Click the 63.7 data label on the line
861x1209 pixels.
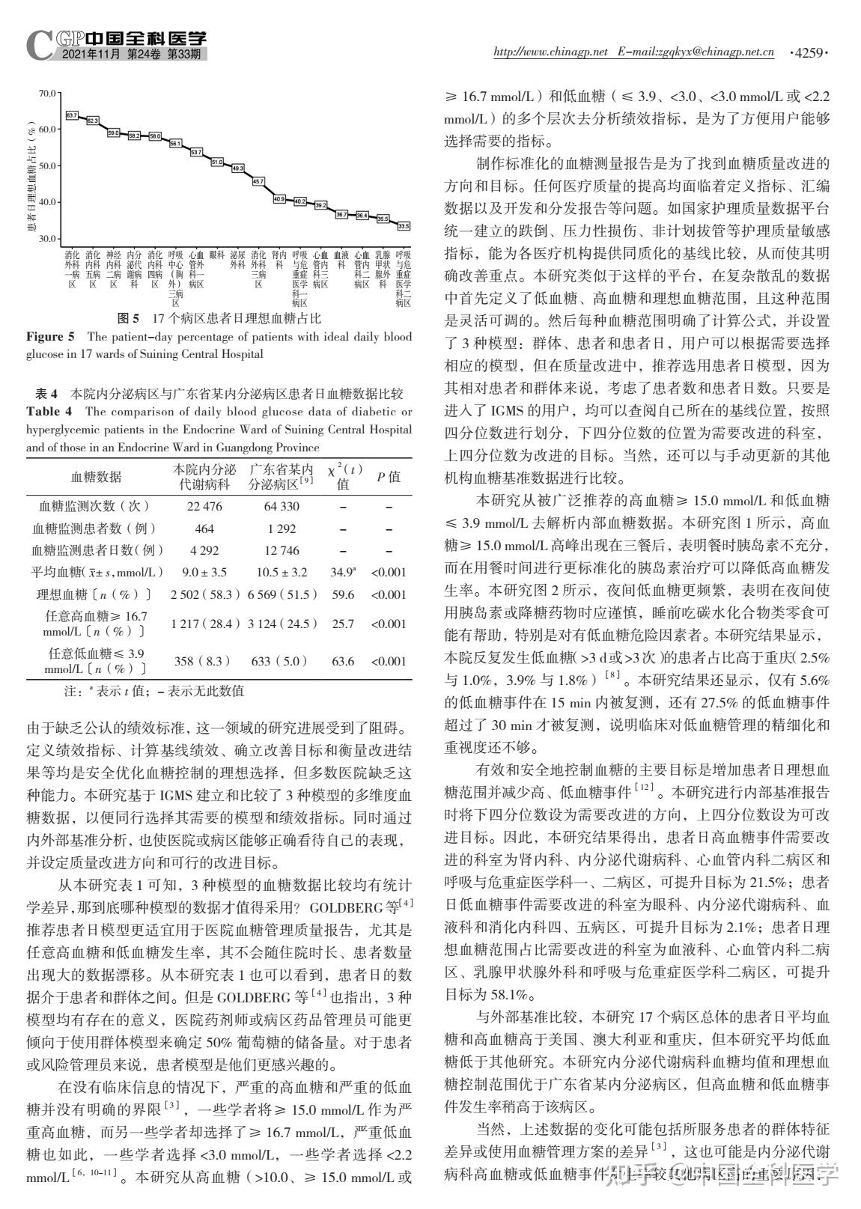[x=72, y=115]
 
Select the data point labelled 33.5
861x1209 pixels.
[x=404, y=226]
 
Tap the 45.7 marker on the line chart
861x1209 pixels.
[x=258, y=181]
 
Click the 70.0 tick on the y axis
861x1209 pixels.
[x=47, y=93]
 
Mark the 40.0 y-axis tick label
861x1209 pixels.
[x=47, y=202]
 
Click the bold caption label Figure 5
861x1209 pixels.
[x=50, y=336]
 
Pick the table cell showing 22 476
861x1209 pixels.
[x=204, y=507]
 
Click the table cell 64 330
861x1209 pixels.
[x=282, y=507]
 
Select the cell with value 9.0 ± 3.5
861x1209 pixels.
[x=204, y=573]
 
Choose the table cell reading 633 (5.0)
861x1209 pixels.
[x=282, y=661]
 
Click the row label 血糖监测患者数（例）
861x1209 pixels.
[x=94, y=529]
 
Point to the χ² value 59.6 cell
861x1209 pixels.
[x=343, y=595]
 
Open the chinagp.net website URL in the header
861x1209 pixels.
[x=550, y=52]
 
